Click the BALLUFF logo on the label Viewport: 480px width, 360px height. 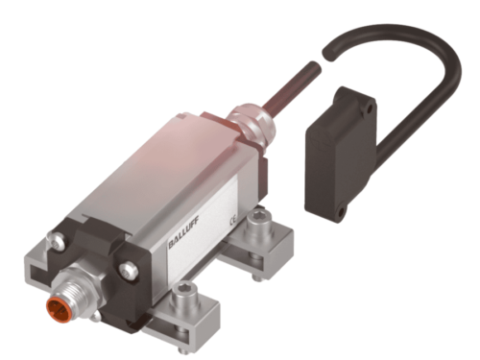(183, 232)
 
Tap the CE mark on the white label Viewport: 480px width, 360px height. (233, 221)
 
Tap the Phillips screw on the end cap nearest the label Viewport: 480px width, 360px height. (129, 270)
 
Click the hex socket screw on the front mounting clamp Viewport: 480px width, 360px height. (184, 295)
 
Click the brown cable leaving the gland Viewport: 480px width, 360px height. (288, 84)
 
